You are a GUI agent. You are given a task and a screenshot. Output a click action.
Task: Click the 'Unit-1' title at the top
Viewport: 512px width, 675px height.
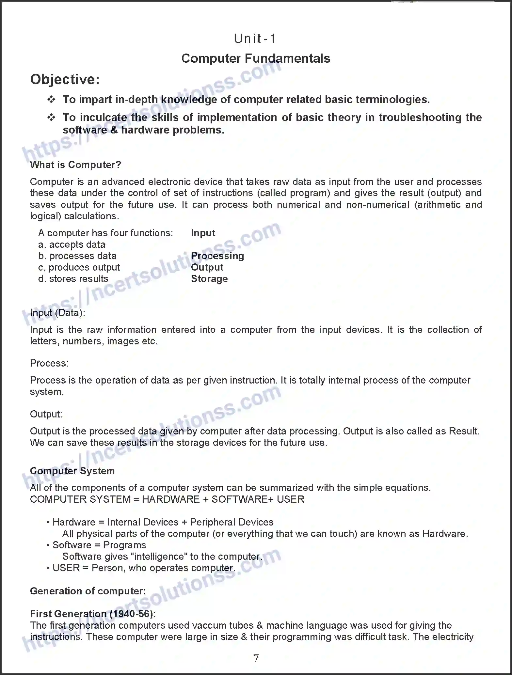pos(255,39)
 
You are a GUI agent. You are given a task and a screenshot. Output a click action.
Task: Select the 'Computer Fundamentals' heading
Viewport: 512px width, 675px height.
pos(256,58)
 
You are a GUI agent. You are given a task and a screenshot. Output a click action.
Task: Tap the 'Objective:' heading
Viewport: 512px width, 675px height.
pos(65,79)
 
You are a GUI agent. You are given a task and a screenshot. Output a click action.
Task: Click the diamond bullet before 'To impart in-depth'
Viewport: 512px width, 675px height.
pos(51,100)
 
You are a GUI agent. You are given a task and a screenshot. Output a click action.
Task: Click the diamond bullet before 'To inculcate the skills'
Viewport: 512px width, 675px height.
pos(51,118)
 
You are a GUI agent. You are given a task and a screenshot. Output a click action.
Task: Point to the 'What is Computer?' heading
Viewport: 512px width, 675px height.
pos(75,165)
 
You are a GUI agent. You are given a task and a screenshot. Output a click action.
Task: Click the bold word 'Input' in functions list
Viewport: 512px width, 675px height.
pos(203,233)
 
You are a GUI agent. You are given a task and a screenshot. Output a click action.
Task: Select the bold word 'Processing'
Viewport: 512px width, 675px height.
pos(217,256)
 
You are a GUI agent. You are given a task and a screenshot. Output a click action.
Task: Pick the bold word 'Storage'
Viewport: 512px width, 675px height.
pos(209,279)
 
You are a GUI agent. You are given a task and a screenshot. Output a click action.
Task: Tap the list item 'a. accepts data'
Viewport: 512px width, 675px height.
pos(72,244)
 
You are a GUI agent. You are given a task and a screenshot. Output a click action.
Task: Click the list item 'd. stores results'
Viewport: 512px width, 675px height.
pos(73,279)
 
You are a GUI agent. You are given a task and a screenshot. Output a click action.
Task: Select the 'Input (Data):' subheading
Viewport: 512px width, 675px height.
pos(57,313)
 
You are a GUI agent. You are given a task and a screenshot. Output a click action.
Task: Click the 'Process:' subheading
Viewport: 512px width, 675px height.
pos(49,363)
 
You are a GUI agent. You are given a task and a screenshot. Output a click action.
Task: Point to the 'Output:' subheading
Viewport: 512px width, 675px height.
pos(46,414)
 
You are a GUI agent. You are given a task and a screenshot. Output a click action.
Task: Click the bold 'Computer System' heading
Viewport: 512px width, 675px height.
pos(72,471)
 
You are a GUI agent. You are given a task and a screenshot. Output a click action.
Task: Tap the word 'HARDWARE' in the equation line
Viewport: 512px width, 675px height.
pos(170,499)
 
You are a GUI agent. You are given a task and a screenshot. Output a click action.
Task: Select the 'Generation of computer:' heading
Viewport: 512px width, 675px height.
pos(88,591)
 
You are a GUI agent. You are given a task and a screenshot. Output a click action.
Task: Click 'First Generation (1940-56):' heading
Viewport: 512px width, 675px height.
pos(93,614)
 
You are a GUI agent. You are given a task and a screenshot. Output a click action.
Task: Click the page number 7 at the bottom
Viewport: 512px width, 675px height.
pos(256,658)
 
